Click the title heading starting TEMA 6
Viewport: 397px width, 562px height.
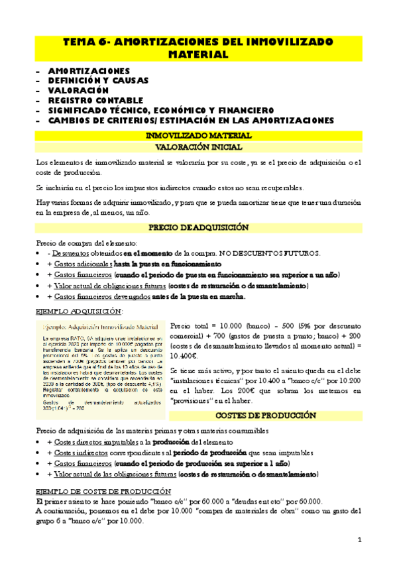click(198, 47)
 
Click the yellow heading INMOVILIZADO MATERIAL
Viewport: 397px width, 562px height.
click(198, 135)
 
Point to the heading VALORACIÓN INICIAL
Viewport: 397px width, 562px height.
click(198, 147)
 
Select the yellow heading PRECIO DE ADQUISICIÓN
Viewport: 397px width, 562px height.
click(198, 227)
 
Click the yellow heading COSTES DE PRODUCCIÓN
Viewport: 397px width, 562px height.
click(265, 416)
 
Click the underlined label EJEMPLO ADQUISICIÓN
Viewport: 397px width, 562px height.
click(79, 311)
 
